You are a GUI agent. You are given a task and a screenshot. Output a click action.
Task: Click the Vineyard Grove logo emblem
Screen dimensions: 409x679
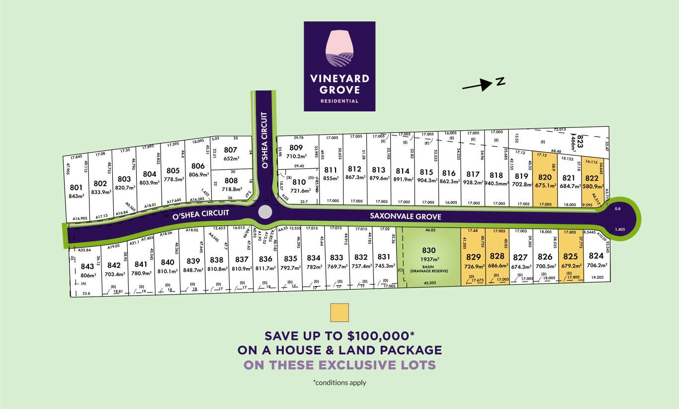pos(339,47)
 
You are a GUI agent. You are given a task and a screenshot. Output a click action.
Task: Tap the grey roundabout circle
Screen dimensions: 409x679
pos(265,212)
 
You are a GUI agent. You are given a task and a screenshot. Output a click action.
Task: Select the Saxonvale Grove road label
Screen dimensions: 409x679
pos(406,217)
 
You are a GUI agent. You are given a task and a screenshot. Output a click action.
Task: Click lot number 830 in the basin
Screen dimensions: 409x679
pos(428,250)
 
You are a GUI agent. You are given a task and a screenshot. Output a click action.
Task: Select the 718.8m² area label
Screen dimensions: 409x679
pos(232,190)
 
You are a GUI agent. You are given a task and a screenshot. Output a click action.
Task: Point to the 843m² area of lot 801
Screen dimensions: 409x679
pos(76,196)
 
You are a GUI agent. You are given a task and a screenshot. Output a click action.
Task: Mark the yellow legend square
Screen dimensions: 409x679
pos(339,312)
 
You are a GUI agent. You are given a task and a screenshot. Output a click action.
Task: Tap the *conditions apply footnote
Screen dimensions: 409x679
pos(339,383)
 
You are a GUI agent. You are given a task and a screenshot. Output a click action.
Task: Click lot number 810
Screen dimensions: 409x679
pos(299,182)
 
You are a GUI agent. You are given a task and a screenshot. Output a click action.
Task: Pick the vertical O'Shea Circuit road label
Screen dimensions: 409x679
pos(264,140)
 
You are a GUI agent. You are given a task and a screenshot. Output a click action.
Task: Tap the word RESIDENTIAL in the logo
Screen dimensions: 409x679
pos(339,101)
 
